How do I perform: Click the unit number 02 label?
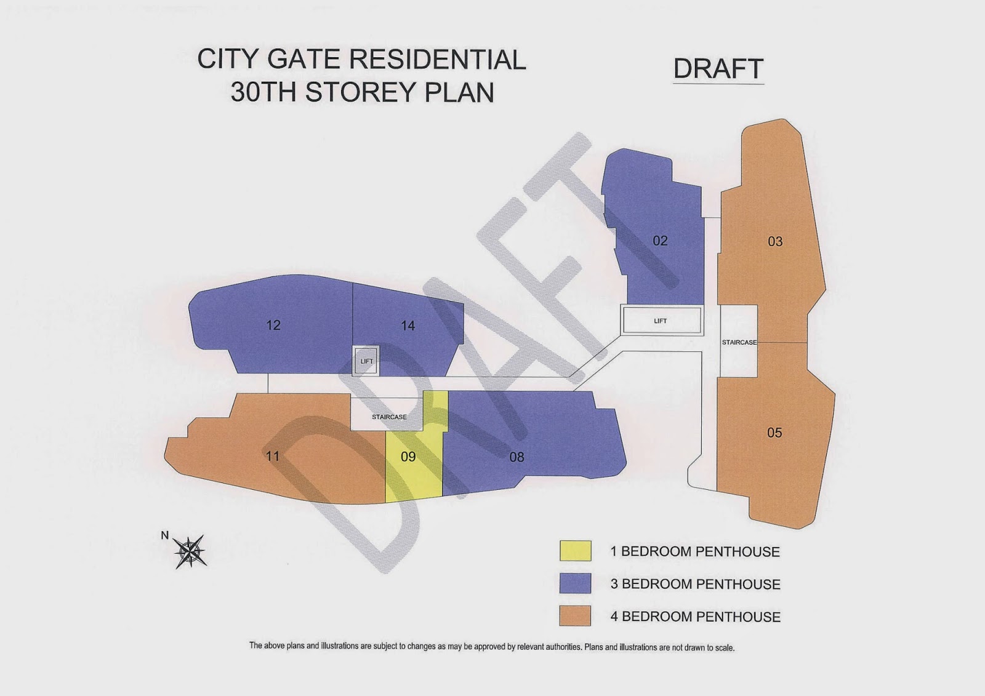point(660,241)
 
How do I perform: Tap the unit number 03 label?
point(775,241)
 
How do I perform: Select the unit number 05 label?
point(774,433)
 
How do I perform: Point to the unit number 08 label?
point(517,457)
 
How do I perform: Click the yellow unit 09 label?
point(408,457)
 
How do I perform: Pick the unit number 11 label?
point(273,456)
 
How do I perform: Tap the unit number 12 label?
point(273,325)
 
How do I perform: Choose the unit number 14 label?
point(408,326)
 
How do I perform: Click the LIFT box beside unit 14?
point(366,361)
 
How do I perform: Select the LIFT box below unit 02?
point(661,321)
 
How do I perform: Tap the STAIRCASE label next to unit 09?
point(389,417)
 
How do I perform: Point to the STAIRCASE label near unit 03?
point(739,342)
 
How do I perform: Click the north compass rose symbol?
point(190,551)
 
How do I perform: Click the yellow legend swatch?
point(575,551)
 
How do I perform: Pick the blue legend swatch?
point(575,583)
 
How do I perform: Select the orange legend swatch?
point(575,616)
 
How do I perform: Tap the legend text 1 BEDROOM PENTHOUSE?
point(694,551)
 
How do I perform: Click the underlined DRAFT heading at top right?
point(718,69)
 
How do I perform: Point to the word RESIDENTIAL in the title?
point(438,60)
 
